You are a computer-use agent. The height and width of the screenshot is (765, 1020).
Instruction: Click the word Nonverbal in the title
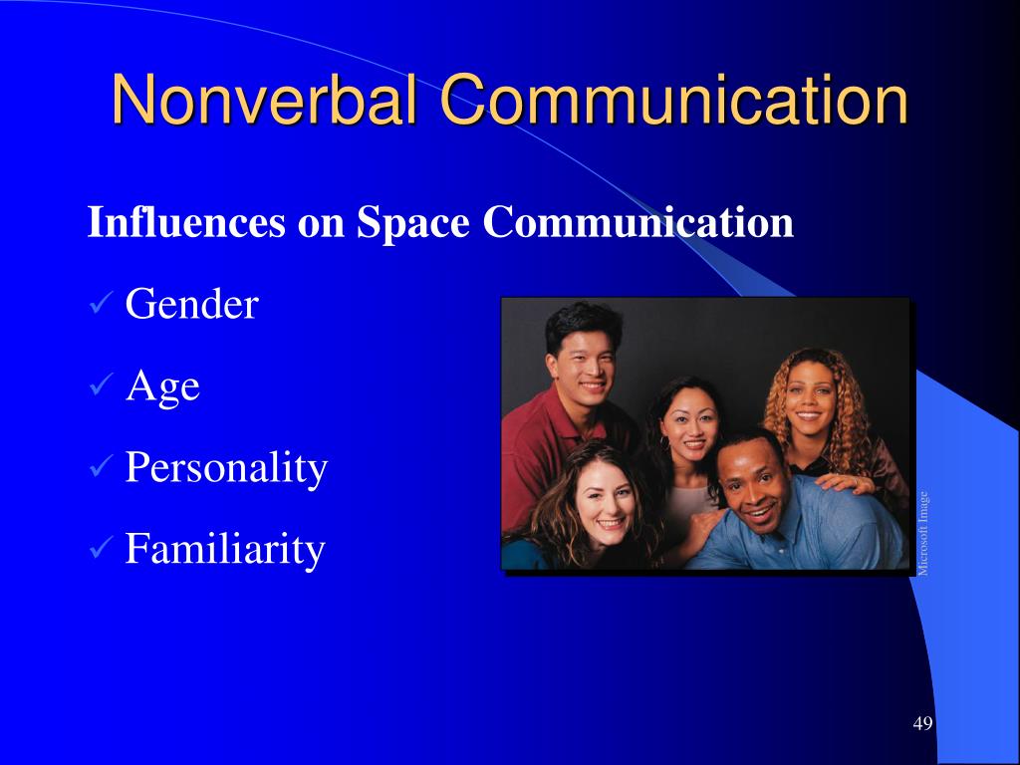(265, 99)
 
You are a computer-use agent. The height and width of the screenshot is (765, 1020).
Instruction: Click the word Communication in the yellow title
(674, 99)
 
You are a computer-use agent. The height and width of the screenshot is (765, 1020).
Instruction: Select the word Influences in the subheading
(186, 222)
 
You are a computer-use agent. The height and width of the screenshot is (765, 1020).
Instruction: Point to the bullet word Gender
(192, 303)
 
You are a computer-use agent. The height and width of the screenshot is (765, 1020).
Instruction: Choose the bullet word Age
(162, 386)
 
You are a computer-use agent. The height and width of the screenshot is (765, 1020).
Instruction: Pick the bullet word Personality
(226, 468)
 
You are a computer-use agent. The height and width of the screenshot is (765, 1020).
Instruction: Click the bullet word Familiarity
(225, 549)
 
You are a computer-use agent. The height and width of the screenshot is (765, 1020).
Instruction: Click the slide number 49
(922, 723)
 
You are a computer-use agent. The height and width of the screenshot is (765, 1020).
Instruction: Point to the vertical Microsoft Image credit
(923, 534)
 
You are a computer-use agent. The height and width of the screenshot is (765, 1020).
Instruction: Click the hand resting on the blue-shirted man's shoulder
(843, 482)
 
